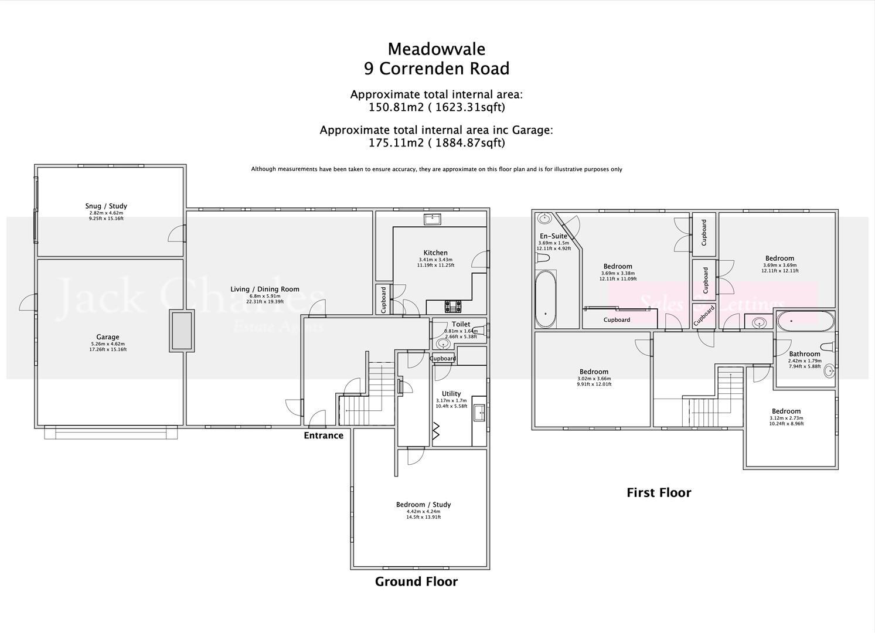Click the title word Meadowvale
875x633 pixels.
pyautogui.click(x=437, y=49)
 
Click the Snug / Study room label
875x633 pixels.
pyautogui.click(x=106, y=206)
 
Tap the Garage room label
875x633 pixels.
pyautogui.click(x=108, y=337)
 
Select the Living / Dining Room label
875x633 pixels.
pyautogui.click(x=265, y=289)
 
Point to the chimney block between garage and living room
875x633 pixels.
pyautogui.click(x=182, y=331)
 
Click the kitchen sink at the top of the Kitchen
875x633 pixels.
pyautogui.click(x=433, y=219)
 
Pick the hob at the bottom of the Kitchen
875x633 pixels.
pyautogui.click(x=452, y=306)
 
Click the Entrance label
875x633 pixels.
pyautogui.click(x=324, y=435)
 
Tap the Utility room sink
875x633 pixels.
pyautogui.click(x=479, y=413)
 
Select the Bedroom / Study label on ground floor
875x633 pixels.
pyautogui.click(x=423, y=505)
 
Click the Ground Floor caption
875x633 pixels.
pyautogui.click(x=416, y=581)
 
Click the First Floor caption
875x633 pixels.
pyautogui.click(x=659, y=493)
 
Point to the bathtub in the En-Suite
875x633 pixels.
pyautogui.click(x=546, y=299)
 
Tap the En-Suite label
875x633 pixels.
pyautogui.click(x=553, y=236)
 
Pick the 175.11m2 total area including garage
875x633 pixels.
pyautogui.click(x=437, y=142)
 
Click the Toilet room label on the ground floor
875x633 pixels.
pyautogui.click(x=461, y=324)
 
